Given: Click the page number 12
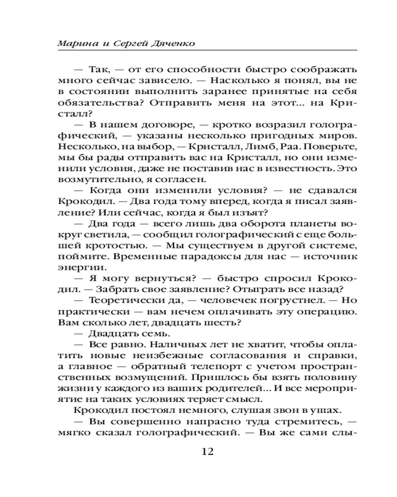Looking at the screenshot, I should pos(207,452).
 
